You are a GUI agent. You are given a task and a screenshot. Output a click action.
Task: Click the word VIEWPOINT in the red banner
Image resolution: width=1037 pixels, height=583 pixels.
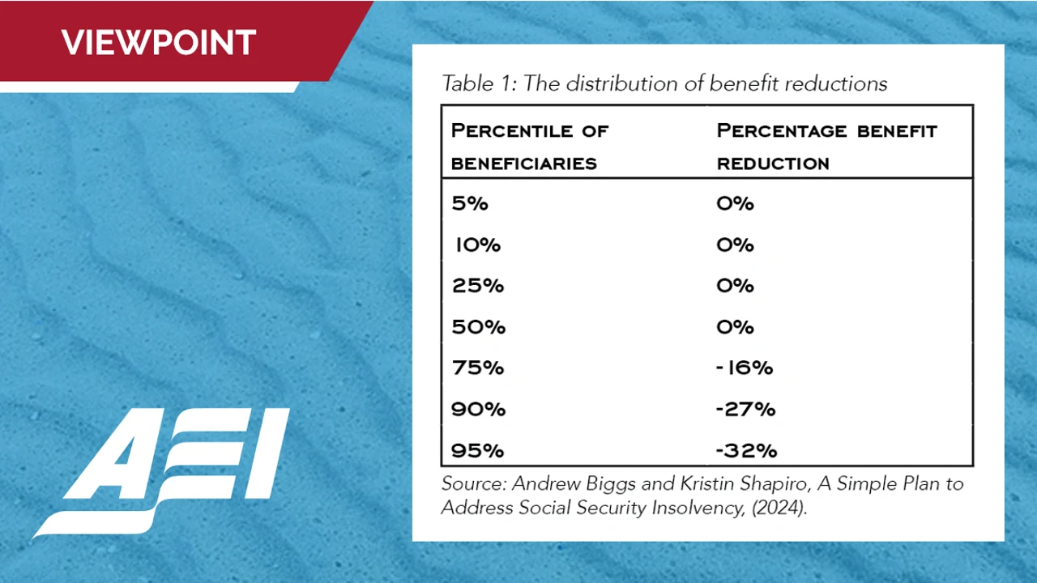pyautogui.click(x=159, y=41)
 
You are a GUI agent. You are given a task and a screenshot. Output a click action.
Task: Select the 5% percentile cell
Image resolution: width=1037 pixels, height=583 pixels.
pyautogui.click(x=470, y=203)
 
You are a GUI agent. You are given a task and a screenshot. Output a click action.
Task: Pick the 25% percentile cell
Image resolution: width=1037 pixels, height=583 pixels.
pyautogui.click(x=478, y=286)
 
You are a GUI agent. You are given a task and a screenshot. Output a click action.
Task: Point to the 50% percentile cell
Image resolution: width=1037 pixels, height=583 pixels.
pyautogui.click(x=478, y=327)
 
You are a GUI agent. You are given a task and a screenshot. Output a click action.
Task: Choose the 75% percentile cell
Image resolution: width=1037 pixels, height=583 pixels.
pyautogui.click(x=478, y=368)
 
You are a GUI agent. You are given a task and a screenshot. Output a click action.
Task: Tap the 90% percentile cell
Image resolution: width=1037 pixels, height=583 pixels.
pyautogui.click(x=478, y=409)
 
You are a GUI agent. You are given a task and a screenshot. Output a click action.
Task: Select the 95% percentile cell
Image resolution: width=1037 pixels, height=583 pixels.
pyautogui.click(x=478, y=449)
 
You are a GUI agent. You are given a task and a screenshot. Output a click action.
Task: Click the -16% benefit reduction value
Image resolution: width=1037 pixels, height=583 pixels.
pyautogui.click(x=745, y=368)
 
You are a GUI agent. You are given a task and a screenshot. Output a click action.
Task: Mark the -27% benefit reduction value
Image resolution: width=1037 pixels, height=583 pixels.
pyautogui.click(x=745, y=409)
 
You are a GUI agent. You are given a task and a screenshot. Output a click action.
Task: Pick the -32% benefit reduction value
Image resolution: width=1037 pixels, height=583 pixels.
pyautogui.click(x=746, y=449)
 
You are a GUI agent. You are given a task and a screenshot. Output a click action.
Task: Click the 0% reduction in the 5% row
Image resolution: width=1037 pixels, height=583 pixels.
pyautogui.click(x=735, y=203)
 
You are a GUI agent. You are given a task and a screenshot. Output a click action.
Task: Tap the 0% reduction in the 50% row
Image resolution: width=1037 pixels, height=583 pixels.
pyautogui.click(x=735, y=327)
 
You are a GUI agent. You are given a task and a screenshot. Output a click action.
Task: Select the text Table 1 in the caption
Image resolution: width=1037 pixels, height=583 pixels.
pyautogui.click(x=477, y=83)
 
